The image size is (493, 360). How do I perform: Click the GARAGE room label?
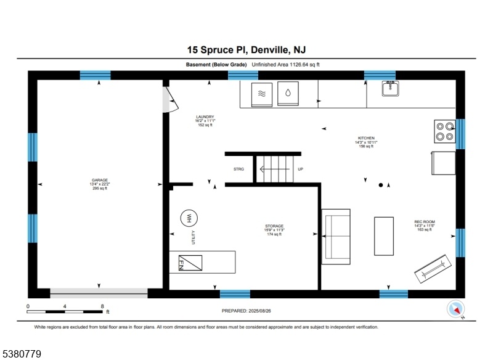click(x=100, y=180)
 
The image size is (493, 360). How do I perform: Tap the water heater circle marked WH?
click(x=189, y=218)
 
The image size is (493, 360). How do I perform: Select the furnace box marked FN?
click(x=190, y=263)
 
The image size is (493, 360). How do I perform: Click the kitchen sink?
click(x=391, y=88)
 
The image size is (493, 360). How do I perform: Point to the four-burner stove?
click(x=445, y=131)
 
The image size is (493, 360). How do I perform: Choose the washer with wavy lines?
click(x=262, y=95)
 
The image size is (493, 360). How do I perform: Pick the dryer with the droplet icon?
click(x=288, y=94)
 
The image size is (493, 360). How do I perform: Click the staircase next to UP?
click(x=275, y=169)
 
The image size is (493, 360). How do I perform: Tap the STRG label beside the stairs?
click(x=238, y=169)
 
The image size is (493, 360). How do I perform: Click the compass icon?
click(x=455, y=309)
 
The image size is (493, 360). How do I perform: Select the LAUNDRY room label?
click(x=205, y=117)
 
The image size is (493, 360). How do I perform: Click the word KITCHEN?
click(x=366, y=138)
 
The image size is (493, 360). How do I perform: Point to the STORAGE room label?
click(x=274, y=226)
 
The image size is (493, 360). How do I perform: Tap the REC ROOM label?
click(x=425, y=222)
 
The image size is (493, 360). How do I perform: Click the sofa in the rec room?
click(x=336, y=237)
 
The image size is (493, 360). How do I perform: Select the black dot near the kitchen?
click(x=381, y=185)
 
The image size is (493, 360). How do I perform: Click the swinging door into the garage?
click(x=171, y=99)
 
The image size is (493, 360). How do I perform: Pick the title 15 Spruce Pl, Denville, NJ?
click(x=246, y=50)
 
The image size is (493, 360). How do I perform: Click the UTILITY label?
click(x=194, y=237)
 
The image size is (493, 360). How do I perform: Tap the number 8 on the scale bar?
click(x=102, y=306)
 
